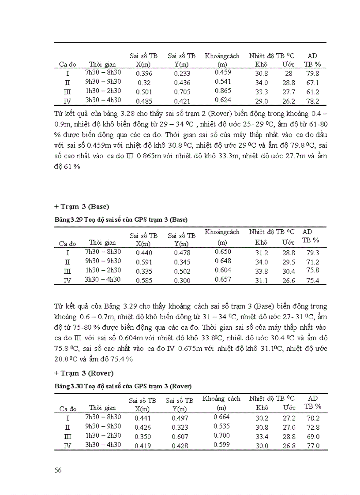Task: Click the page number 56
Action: pos(58,470)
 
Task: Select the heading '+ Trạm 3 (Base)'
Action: pos(82,206)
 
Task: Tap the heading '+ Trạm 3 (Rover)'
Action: pos(84,373)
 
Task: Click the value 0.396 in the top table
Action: pos(144,74)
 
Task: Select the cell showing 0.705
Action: pos(182,92)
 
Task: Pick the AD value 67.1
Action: pos(312,83)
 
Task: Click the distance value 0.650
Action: pos(223,251)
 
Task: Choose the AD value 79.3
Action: pos(312,253)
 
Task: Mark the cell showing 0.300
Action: pos(182,280)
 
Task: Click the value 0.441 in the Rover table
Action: pos(143,418)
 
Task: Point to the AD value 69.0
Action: pos(312,436)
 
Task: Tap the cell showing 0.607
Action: pos(180,437)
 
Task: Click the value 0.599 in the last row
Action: pos(222,445)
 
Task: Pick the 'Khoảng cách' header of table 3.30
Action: pos(221,398)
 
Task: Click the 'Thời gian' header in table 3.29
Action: pos(102,242)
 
